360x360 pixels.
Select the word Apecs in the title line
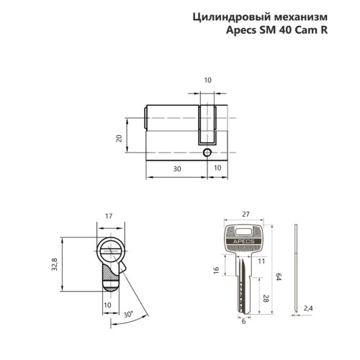(x=242, y=32)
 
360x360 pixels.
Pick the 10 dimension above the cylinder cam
(x=208, y=81)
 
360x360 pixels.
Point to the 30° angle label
(x=128, y=314)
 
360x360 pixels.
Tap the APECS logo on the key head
(x=244, y=242)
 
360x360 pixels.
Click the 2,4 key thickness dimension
(x=309, y=308)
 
